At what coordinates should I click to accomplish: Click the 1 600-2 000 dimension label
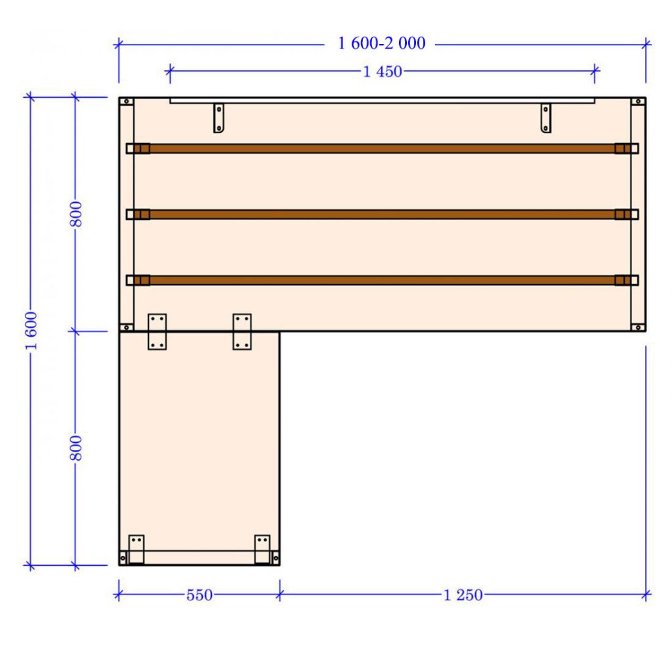(x=381, y=43)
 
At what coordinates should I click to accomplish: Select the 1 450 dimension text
(x=383, y=72)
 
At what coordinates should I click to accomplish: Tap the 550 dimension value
(x=199, y=595)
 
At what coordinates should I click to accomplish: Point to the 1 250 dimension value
(x=463, y=595)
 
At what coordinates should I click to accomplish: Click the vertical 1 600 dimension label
(x=31, y=331)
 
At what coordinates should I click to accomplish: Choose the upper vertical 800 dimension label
(x=76, y=214)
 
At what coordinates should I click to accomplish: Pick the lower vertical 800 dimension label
(x=76, y=448)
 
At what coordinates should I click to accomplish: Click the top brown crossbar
(x=383, y=148)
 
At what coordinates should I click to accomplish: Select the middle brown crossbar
(x=383, y=215)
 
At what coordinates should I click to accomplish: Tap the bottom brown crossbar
(x=383, y=280)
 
